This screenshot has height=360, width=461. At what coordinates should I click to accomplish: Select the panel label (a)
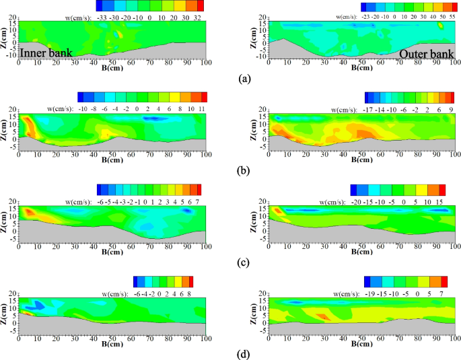pos(245,79)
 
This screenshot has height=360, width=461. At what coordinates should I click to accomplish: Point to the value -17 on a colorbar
pos(369,107)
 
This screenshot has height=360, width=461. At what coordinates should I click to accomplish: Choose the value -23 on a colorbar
pos(366,15)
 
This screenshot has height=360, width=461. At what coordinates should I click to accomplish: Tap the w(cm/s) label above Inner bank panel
pos(78,15)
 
